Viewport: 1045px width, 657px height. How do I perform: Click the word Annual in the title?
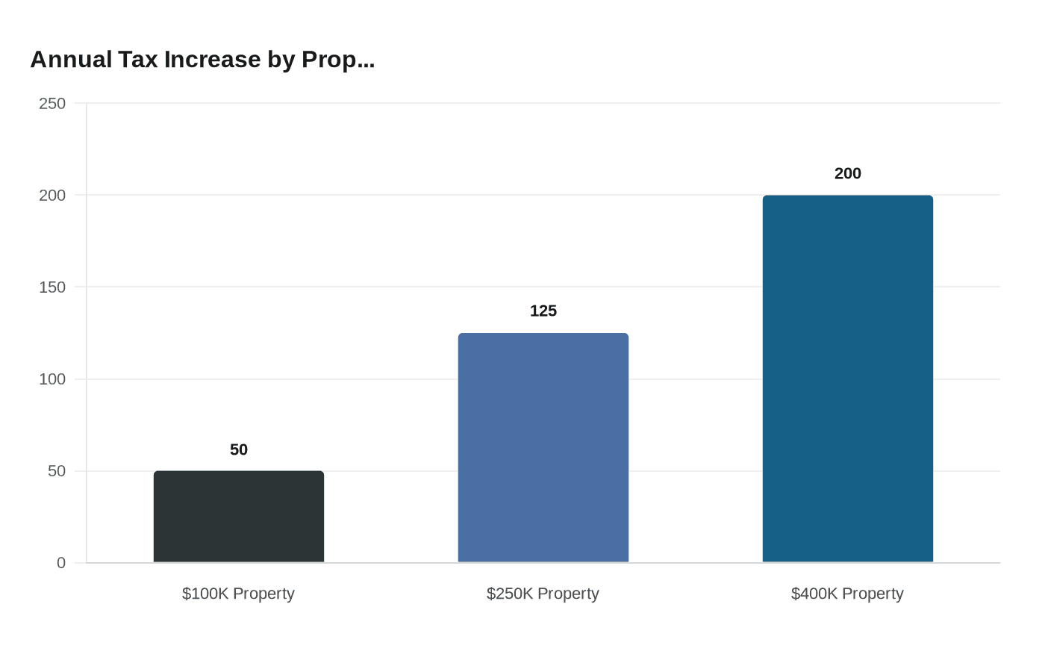pyautogui.click(x=71, y=60)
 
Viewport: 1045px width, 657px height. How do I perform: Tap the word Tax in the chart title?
pyautogui.click(x=138, y=60)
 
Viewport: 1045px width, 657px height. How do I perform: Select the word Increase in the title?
pyautogui.click(x=212, y=60)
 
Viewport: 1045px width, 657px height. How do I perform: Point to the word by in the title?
pyautogui.click(x=281, y=60)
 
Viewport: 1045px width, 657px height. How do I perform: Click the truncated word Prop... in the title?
pyautogui.click(x=338, y=60)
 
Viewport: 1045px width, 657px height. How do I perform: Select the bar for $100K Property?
pyautogui.click(x=239, y=517)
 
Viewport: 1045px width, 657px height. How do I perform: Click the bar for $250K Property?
pyautogui.click(x=543, y=448)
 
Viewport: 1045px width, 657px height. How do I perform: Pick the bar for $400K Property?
pyautogui.click(x=848, y=379)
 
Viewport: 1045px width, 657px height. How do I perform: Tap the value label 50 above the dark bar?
pyautogui.click(x=239, y=449)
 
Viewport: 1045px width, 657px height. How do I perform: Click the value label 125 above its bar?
pyautogui.click(x=543, y=311)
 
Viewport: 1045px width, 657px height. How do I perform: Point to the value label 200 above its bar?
pyautogui.click(x=848, y=173)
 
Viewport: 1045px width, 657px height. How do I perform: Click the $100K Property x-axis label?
pyautogui.click(x=238, y=594)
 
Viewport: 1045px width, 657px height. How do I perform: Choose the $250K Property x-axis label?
pyautogui.click(x=543, y=594)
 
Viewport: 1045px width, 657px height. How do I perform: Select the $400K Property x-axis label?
pyautogui.click(x=847, y=594)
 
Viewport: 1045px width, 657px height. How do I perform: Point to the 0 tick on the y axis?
pyautogui.click(x=61, y=563)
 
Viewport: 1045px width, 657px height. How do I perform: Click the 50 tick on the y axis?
pyautogui.click(x=57, y=471)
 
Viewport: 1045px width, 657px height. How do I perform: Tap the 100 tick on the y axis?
pyautogui.click(x=52, y=379)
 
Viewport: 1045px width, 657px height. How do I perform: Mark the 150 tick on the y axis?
pyautogui.click(x=52, y=287)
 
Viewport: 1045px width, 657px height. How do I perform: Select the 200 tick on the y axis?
pyautogui.click(x=52, y=196)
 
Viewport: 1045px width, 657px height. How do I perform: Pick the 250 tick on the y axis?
pyautogui.click(x=52, y=104)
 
